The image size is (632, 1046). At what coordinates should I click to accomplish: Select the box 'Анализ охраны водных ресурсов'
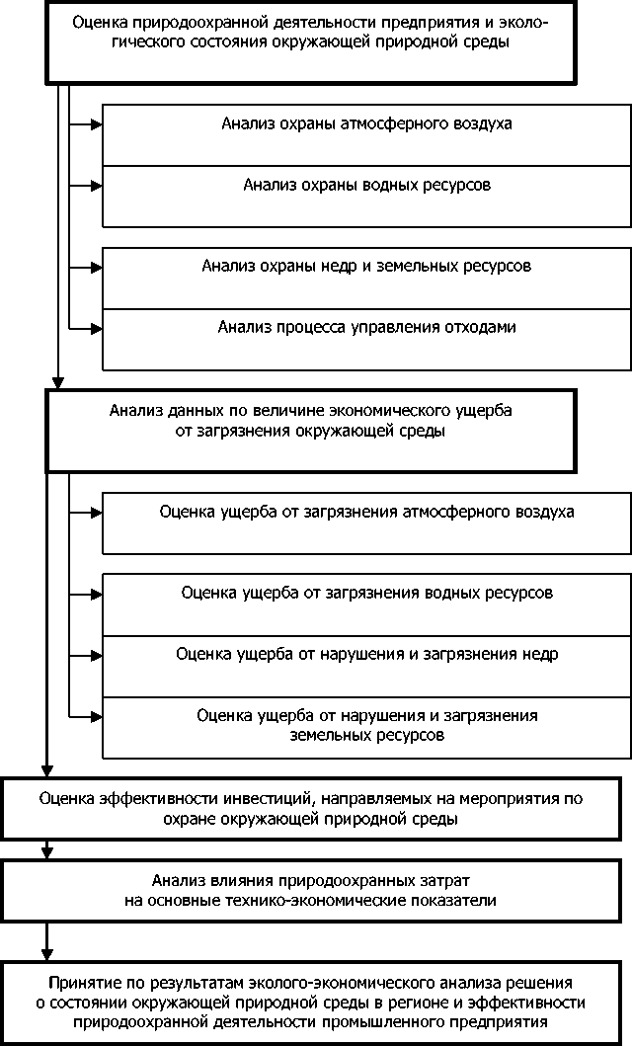coord(366,196)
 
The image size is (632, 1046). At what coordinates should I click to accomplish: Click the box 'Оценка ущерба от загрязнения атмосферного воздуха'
coord(366,523)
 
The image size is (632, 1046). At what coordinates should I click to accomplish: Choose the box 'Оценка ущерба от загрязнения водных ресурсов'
coord(366,604)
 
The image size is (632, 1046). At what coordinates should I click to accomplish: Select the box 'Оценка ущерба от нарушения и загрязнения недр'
coord(366,665)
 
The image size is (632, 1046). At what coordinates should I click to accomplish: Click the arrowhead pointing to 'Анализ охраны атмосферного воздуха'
coord(96,124)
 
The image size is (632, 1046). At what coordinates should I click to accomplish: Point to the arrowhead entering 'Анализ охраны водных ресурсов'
coord(96,185)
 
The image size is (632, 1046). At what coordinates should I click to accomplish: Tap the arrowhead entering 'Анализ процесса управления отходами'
coord(96,326)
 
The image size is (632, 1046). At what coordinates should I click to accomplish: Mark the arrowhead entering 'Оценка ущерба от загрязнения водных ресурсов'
coord(96,594)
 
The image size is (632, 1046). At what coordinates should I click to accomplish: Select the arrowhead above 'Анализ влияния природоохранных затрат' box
coord(46,852)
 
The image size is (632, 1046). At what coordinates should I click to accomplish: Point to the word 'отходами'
coord(483,327)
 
